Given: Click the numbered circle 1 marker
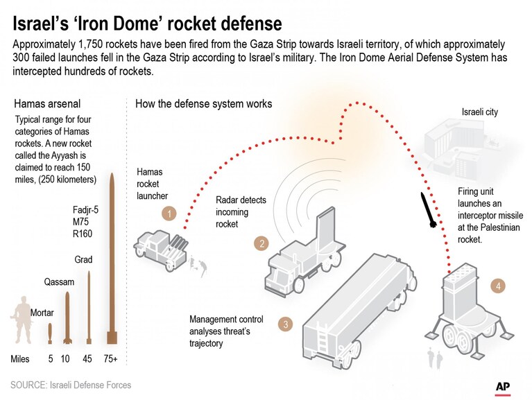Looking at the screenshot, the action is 169,214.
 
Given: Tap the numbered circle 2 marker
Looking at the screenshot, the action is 261,243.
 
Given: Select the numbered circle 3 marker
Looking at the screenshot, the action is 285,324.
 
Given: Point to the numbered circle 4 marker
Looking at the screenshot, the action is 498,286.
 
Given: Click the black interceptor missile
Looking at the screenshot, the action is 428,210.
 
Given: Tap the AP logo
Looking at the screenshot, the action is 503,388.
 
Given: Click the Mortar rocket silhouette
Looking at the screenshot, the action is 50,333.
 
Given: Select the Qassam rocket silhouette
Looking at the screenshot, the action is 67,318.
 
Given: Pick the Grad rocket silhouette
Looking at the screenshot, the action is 89,307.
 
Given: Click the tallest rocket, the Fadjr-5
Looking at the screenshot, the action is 112,259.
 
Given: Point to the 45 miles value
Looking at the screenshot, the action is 87,358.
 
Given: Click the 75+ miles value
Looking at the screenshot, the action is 110,358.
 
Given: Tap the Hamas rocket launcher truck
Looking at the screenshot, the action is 160,249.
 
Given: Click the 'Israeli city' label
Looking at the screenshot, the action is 480,112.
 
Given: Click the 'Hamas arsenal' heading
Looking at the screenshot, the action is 47,103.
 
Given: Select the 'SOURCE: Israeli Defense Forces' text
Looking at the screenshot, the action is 71,385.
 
